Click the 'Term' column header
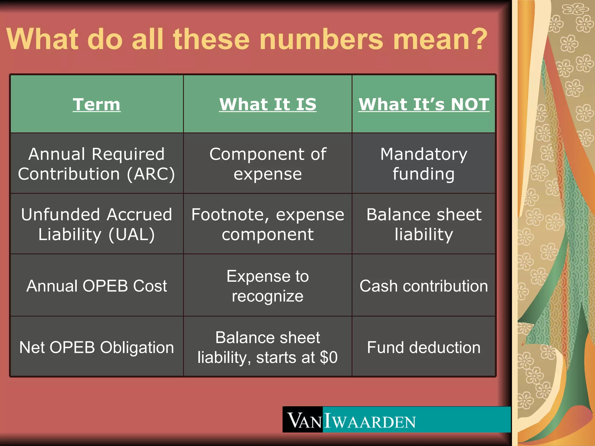click(x=96, y=104)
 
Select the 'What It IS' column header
click(x=268, y=104)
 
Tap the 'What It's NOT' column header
click(x=424, y=104)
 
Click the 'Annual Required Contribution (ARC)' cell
click(x=96, y=164)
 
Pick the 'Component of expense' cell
click(x=268, y=164)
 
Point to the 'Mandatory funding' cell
click(x=424, y=164)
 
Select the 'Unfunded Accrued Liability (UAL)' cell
click(x=96, y=224)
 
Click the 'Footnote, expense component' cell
click(x=268, y=224)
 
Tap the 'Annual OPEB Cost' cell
click(x=96, y=286)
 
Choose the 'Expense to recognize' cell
click(x=268, y=286)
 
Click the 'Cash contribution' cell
click(x=424, y=286)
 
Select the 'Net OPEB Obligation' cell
click(x=96, y=347)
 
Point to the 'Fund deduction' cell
click(x=424, y=347)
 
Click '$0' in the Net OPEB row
click(x=329, y=357)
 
